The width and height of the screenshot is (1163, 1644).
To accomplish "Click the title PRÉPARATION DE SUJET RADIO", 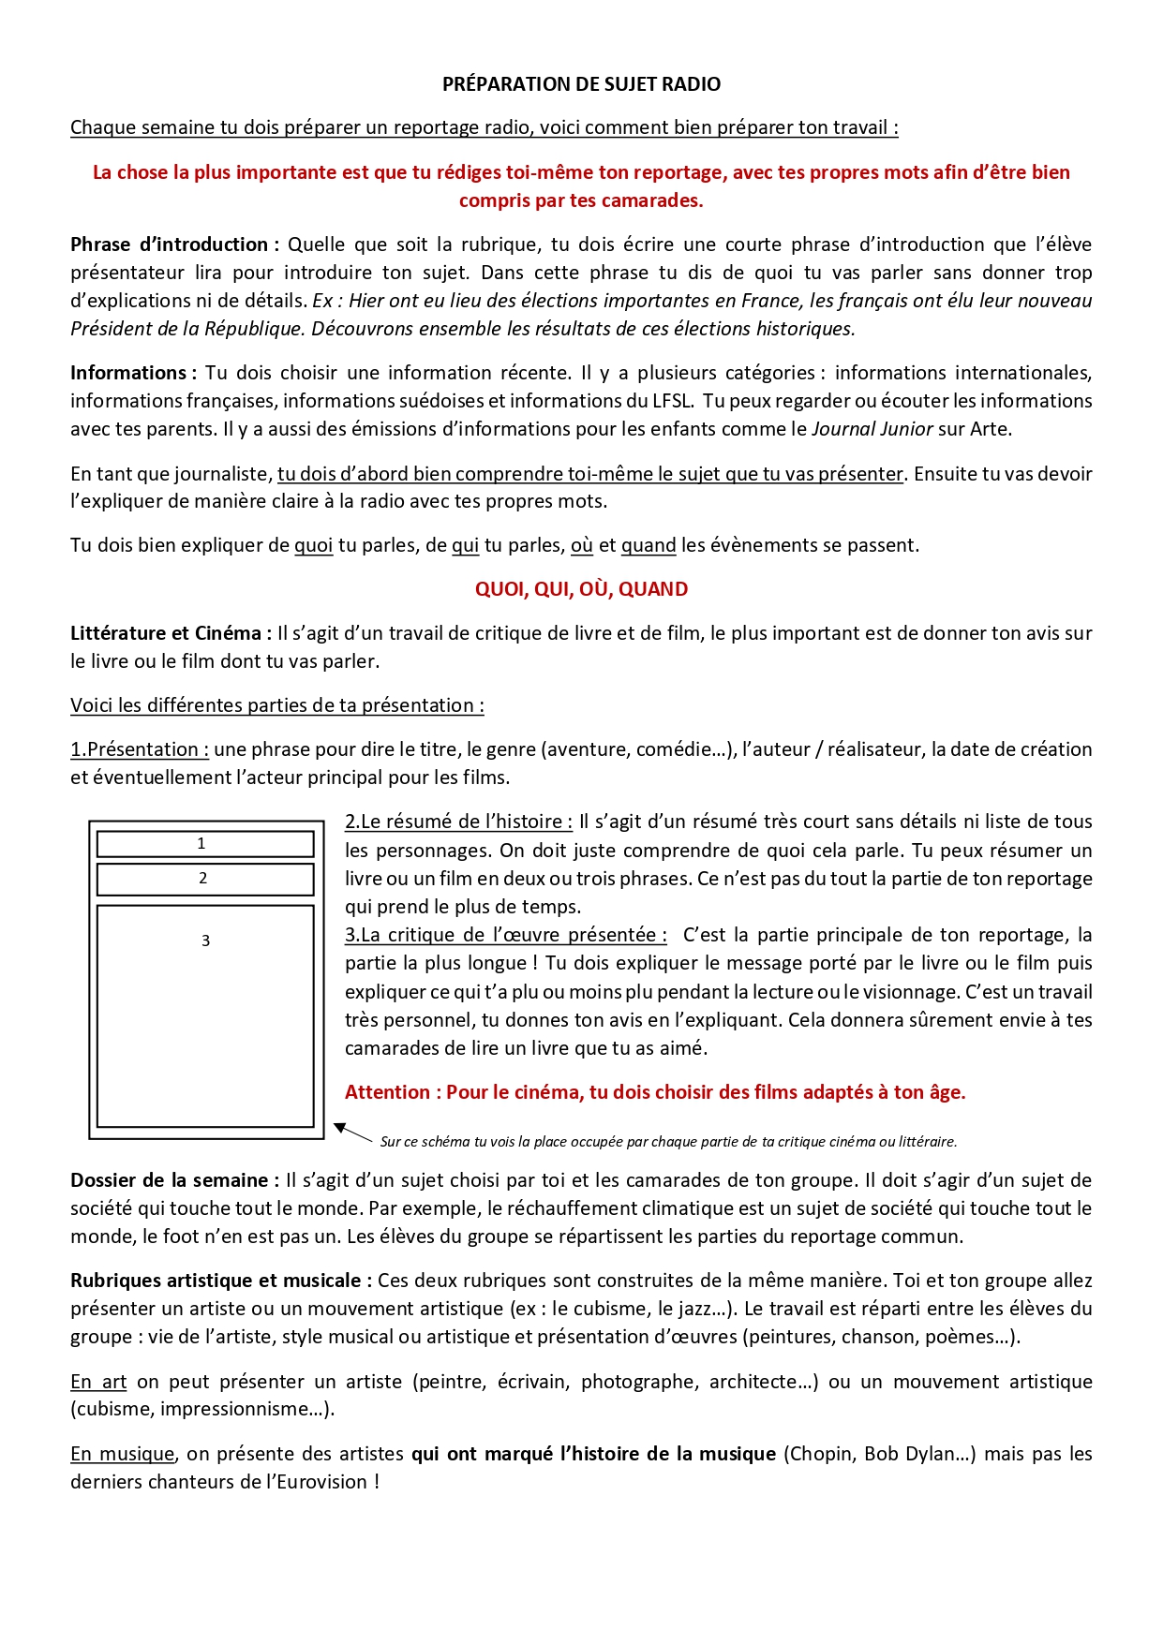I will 581,84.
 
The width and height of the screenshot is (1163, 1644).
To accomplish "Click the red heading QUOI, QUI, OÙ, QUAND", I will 581,589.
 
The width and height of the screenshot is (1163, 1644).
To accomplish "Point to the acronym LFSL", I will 671,401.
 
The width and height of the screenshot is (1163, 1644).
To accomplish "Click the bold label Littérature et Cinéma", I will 170,633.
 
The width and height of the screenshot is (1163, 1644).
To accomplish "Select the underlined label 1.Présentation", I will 139,749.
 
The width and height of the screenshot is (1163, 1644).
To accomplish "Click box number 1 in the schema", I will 205,844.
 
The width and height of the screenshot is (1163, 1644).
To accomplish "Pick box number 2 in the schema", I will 205,879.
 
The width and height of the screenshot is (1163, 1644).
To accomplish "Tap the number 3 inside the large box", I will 206,940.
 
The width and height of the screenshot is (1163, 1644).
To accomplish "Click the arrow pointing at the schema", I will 352,1133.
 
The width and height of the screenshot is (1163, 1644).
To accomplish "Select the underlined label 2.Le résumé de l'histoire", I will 458,822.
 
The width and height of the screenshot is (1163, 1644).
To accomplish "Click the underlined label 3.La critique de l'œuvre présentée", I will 505,935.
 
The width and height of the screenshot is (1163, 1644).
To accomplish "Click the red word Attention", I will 387,1092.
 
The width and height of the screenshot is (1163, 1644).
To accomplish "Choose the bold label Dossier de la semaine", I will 173,1180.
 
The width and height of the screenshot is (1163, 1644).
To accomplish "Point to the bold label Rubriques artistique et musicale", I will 220,1281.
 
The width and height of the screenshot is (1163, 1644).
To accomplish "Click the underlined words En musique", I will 123,1454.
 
